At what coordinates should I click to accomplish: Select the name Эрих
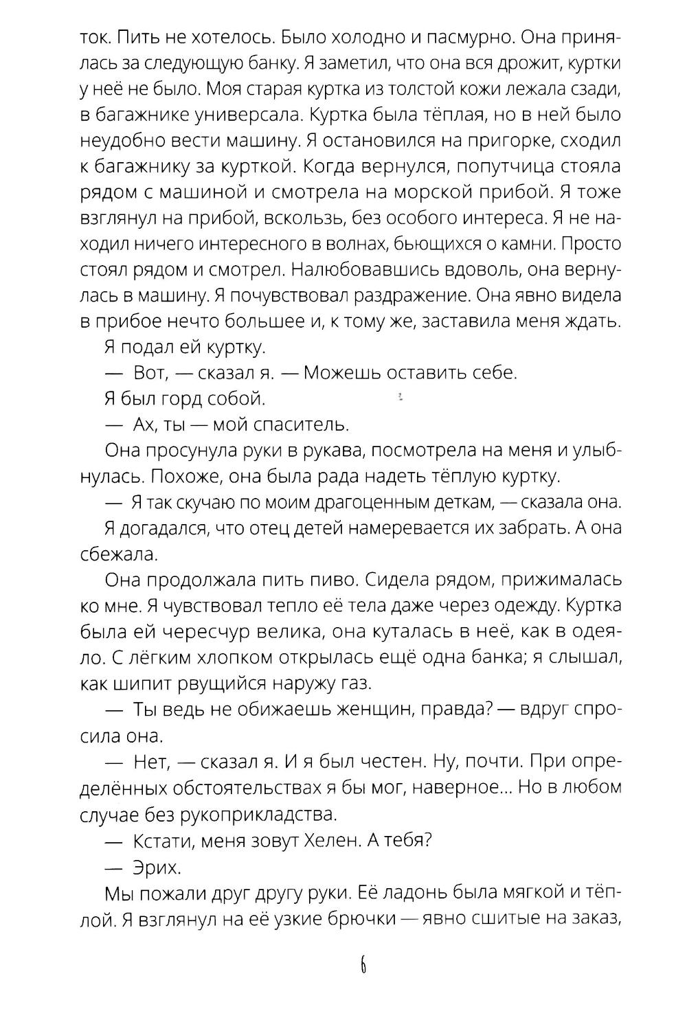(156, 867)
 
